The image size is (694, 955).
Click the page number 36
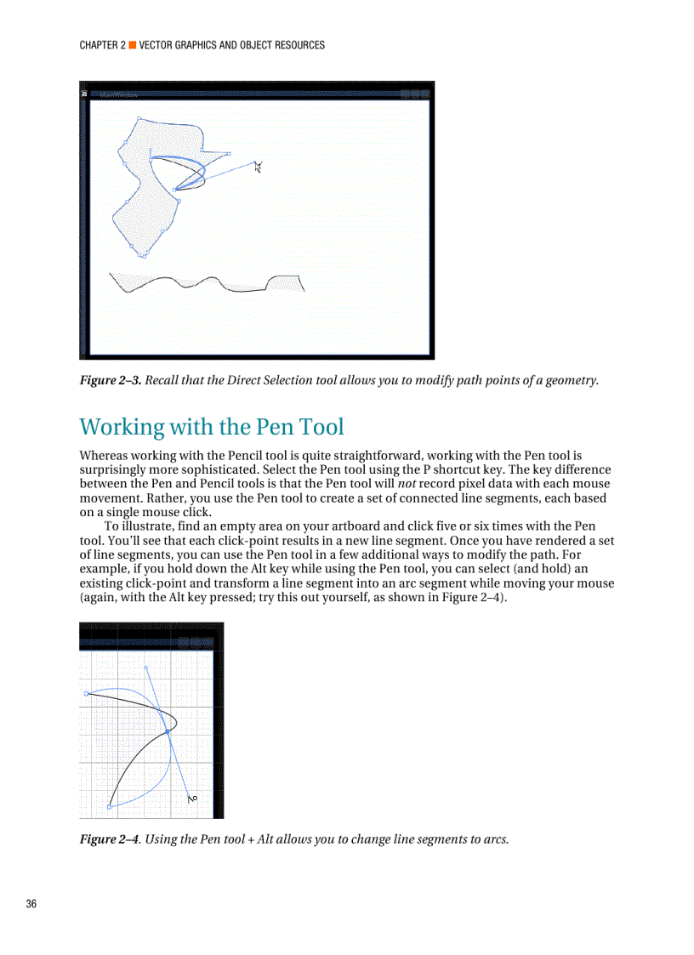coord(31,903)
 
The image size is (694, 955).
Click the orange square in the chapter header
coord(132,45)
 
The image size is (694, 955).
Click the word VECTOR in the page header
coord(158,45)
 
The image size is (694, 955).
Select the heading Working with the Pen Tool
coord(212,426)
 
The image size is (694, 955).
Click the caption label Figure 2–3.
coord(110,379)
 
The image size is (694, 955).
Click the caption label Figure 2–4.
coord(110,839)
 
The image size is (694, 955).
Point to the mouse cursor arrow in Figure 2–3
coord(259,166)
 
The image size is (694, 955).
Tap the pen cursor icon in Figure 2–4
coord(192,798)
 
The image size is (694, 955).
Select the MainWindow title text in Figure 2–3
coord(118,94)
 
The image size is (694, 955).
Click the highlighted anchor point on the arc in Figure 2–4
coord(168,731)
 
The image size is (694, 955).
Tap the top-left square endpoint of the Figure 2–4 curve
coord(87,694)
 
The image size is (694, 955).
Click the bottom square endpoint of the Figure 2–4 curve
coord(110,805)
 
